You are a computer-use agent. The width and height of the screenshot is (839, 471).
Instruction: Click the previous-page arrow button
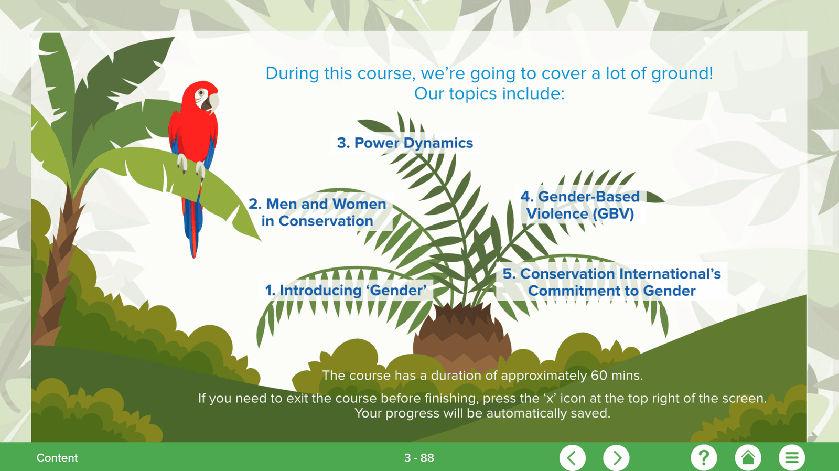point(572,457)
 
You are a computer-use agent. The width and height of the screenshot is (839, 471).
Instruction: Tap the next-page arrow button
point(616,457)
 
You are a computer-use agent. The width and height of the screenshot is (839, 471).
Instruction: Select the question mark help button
point(704,457)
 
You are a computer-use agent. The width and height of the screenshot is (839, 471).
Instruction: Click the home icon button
point(748,457)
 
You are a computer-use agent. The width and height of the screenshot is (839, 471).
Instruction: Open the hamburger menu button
point(792,457)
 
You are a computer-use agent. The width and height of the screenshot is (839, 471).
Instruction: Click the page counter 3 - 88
point(419,457)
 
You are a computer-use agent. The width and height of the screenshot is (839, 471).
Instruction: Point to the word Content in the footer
point(57,457)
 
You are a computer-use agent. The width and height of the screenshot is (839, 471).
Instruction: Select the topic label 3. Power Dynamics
point(405,143)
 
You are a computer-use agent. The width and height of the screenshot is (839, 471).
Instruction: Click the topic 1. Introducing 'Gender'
point(346,291)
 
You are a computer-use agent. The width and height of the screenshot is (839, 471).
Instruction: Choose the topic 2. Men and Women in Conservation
point(317,212)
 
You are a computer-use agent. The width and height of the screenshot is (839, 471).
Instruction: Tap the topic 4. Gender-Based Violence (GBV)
point(580,205)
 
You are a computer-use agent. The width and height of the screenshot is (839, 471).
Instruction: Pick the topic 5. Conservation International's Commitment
point(611,282)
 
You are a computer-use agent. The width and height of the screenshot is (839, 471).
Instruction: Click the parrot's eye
point(201,92)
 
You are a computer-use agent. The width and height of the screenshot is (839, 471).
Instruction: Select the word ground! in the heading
point(682,73)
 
